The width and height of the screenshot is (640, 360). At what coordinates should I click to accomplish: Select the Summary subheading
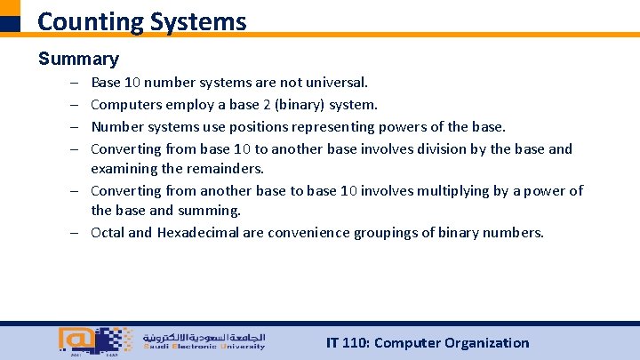point(78,60)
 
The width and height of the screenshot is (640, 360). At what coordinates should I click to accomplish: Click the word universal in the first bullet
point(334,83)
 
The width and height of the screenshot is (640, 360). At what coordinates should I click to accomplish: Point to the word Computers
point(125,105)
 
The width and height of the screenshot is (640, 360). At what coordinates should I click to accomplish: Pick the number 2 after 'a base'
point(266,105)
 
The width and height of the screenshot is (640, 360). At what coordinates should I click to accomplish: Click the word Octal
point(108,233)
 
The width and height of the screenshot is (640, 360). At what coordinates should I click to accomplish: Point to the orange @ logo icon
point(74,340)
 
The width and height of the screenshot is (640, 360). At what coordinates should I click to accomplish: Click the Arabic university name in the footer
point(202,337)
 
